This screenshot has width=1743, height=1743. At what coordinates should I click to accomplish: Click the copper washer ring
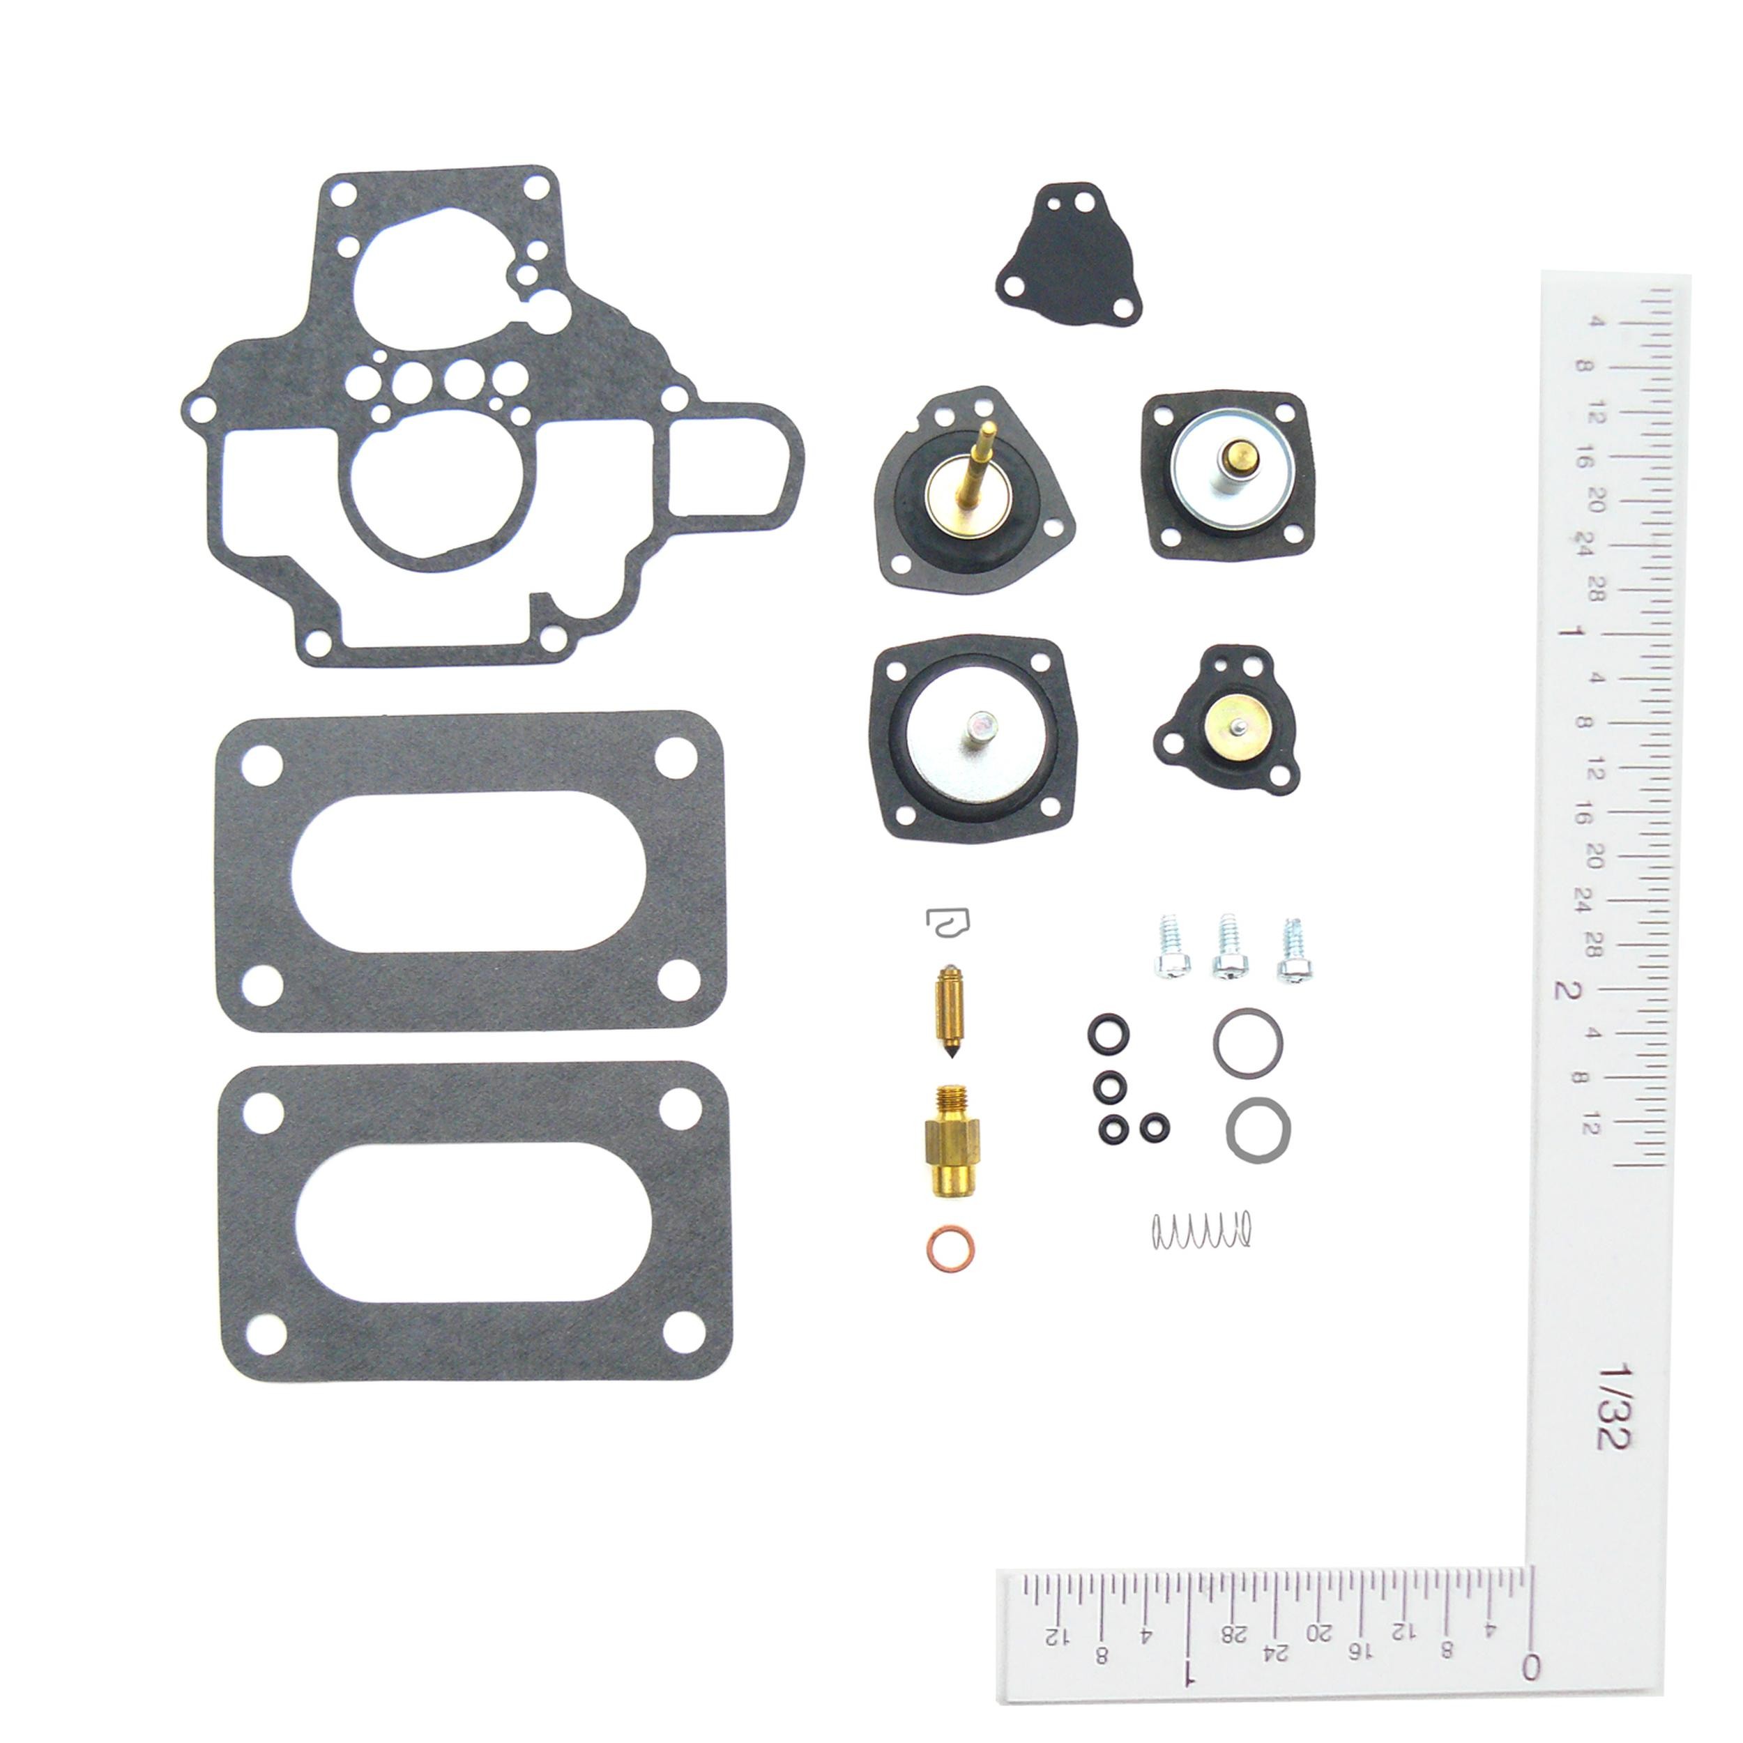(950, 1249)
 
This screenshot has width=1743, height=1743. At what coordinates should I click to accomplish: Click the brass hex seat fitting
(952, 1142)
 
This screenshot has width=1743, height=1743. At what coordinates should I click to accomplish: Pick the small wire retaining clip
(949, 922)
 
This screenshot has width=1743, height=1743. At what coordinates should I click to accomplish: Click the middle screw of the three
(1228, 947)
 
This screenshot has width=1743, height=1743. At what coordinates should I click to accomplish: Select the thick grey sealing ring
(1258, 1129)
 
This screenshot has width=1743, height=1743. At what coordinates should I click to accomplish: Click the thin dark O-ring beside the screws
(1248, 1043)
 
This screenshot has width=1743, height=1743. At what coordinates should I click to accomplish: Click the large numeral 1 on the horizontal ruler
(1189, 1670)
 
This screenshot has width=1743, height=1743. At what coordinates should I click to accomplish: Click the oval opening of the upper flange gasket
(469, 871)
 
